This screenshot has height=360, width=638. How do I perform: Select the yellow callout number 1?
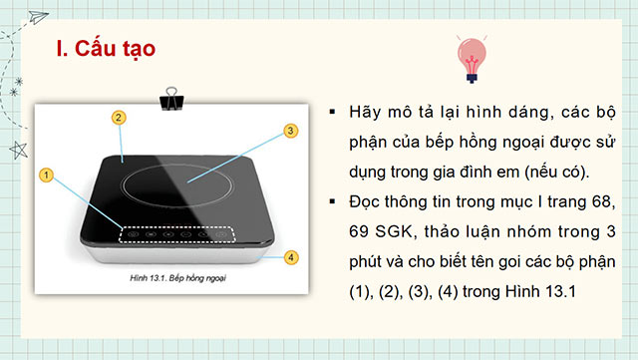(x=46, y=175)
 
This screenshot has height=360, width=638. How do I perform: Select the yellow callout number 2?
(x=118, y=118)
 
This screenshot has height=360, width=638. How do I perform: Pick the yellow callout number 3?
(x=290, y=131)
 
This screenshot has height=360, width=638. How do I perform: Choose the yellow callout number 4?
(x=290, y=257)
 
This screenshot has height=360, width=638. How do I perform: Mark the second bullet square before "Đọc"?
(x=332, y=204)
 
